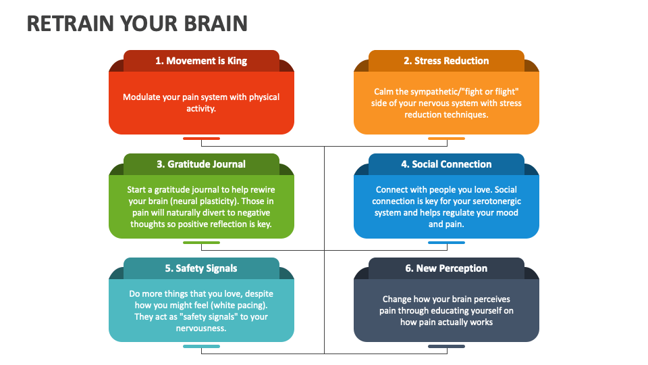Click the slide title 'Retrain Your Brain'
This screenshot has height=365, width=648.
tap(137, 23)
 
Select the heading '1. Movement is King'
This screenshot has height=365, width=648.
tap(201, 61)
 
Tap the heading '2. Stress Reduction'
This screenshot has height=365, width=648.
tap(446, 61)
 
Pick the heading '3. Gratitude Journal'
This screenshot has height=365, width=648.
tap(201, 164)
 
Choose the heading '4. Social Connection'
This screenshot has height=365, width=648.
tap(446, 164)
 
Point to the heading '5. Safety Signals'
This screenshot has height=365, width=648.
tap(201, 268)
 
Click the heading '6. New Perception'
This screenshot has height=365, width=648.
tap(446, 268)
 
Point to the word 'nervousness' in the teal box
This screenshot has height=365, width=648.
tap(201, 328)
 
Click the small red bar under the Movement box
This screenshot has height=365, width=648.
tap(201, 139)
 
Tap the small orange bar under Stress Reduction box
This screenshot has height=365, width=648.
tap(446, 139)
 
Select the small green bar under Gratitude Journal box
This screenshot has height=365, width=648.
tap(201, 243)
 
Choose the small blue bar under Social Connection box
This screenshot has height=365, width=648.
tap(446, 243)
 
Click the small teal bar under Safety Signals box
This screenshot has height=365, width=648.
tap(201, 346)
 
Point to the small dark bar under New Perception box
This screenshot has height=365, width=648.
tap(446, 346)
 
